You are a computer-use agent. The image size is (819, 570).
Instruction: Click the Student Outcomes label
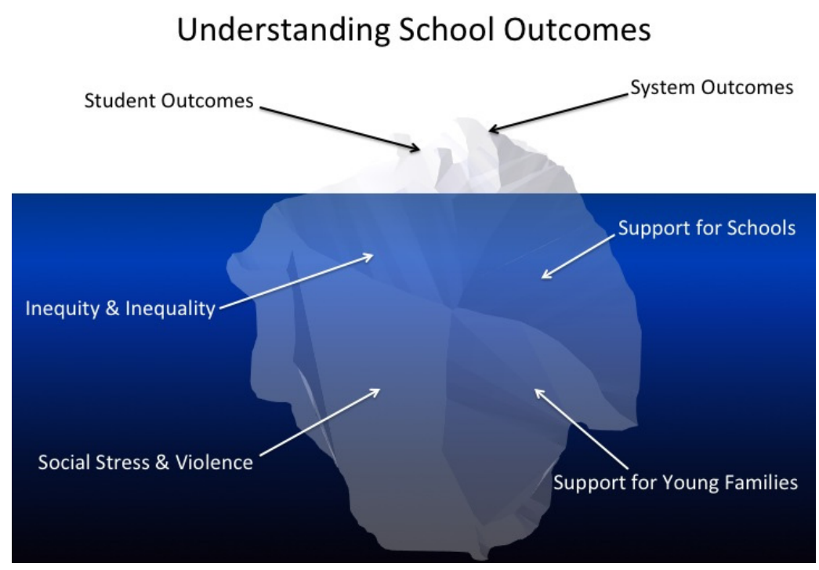169,101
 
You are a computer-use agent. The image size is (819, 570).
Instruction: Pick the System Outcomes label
712,88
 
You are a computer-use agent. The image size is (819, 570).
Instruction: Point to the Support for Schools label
707,228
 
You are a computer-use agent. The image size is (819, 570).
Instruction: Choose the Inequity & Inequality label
120,308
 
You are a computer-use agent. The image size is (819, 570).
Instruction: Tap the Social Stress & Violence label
146,462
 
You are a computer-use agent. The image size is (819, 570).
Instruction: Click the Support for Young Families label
676,481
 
